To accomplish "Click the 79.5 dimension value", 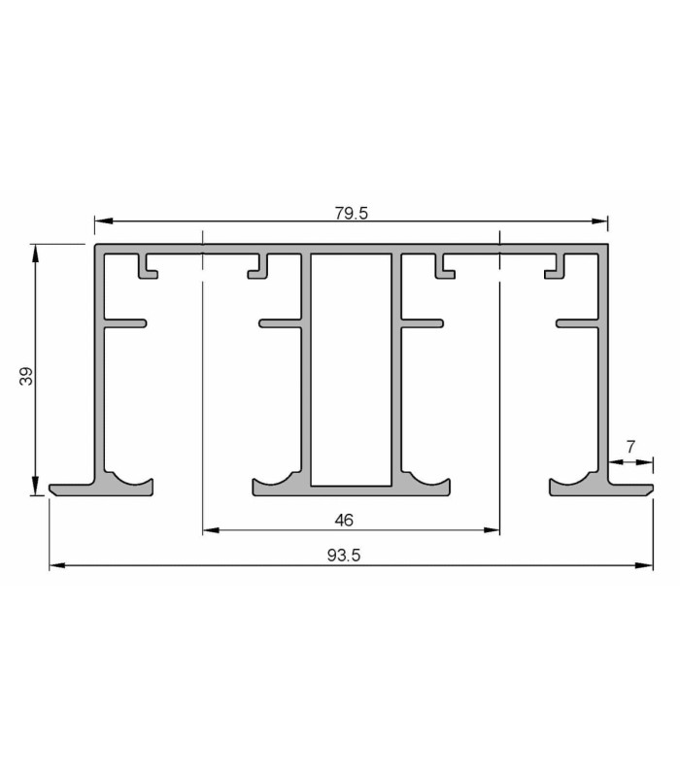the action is (x=352, y=213).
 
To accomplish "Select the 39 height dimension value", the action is (x=26, y=376).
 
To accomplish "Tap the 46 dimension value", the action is (x=344, y=520).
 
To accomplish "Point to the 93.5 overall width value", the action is (x=344, y=556).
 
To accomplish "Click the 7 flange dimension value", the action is (x=630, y=447).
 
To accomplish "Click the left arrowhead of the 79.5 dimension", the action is (x=103, y=220).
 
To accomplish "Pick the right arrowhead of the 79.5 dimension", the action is (x=599, y=220).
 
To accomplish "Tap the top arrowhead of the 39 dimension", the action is (x=35, y=253).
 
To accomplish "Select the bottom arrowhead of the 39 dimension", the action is (x=35, y=487).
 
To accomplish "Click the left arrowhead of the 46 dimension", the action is (x=211, y=530).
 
